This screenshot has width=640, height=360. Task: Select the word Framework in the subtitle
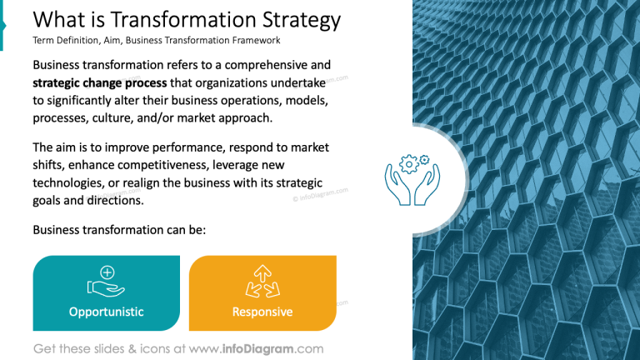tap(253, 40)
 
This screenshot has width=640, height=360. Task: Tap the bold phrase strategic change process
tap(100, 82)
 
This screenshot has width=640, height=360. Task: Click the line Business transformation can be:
tap(119, 229)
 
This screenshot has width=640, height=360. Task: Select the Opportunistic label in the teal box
tap(106, 312)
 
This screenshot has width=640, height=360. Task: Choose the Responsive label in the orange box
tap(262, 312)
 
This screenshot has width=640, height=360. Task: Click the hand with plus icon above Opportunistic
tap(106, 282)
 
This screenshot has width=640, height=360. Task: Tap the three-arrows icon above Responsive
tap(262, 282)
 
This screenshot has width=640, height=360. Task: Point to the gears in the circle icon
tap(414, 162)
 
